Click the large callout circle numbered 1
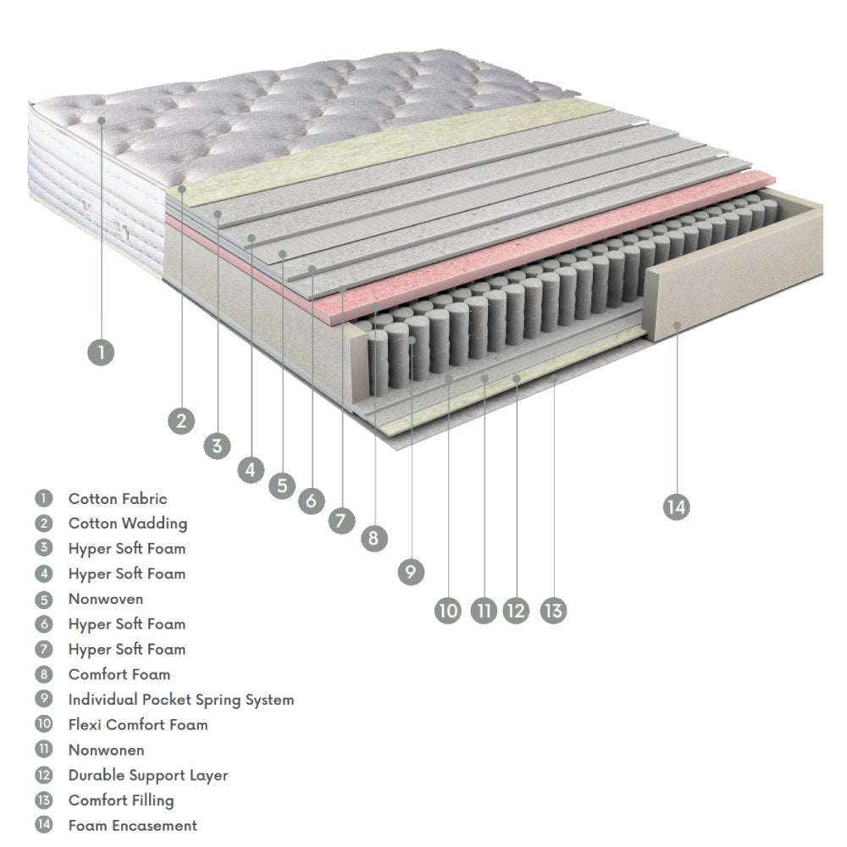(x=101, y=352)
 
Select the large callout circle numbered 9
(x=410, y=572)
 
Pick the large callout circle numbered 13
(x=553, y=609)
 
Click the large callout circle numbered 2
(x=180, y=420)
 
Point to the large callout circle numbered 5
(x=282, y=485)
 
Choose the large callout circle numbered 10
(x=448, y=609)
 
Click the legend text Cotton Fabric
(x=118, y=499)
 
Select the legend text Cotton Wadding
(x=128, y=523)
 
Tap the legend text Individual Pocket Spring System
(x=181, y=700)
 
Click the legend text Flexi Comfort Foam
(x=138, y=725)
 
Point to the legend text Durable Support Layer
(x=148, y=775)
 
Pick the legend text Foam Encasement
(x=133, y=825)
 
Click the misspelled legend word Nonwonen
(x=107, y=750)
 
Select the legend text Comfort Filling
(x=121, y=800)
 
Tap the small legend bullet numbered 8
(x=44, y=675)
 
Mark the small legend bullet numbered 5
(x=44, y=599)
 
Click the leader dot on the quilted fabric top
(x=101, y=120)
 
